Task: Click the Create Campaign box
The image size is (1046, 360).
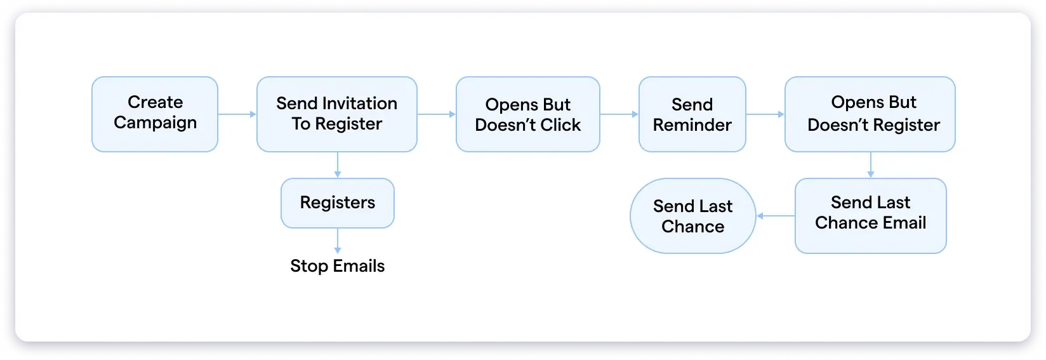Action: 155,114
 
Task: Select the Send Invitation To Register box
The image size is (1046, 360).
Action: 336,114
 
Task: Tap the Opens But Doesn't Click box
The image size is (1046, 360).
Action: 527,114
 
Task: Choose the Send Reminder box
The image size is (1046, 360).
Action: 692,114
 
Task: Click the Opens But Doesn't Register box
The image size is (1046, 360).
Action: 870,114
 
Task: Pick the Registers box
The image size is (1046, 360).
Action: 337,203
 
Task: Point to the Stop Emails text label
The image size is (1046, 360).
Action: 337,266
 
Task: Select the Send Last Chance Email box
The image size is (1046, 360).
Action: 870,216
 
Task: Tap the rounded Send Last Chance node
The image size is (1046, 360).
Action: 692,216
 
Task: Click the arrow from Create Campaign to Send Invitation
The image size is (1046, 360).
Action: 237,114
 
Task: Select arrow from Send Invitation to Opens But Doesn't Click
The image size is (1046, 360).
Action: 436,114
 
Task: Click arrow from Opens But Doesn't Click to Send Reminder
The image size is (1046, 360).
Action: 619,114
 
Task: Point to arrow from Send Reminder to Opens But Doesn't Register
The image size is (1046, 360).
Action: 765,114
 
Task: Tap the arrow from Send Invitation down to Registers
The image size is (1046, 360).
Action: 337,164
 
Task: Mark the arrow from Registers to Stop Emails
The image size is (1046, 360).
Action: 337,241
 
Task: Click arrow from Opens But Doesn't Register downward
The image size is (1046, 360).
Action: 870,164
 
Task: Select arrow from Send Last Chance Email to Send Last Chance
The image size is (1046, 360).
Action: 776,216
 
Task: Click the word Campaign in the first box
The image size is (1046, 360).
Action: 155,123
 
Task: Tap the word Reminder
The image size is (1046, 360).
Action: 692,125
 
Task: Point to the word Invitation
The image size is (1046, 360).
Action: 359,103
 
